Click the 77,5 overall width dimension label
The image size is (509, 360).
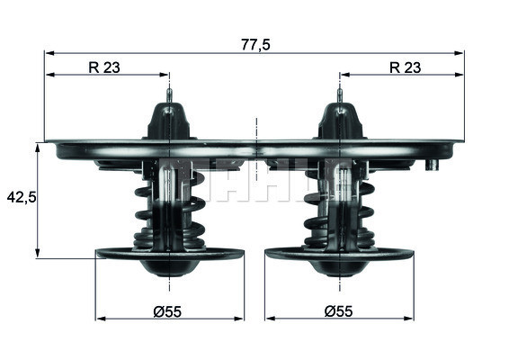pos(256,42)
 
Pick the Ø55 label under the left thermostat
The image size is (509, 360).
pos(168,310)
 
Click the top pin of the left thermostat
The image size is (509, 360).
pos(169,93)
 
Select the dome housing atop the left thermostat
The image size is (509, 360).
pos(169,121)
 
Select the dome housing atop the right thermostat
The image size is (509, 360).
pos(339,121)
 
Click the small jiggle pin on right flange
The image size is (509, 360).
pos(433,165)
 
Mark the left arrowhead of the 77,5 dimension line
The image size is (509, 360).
pos(49,53)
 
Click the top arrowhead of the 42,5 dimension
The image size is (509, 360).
pos(38,147)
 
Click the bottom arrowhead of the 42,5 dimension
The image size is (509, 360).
pos(38,255)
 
